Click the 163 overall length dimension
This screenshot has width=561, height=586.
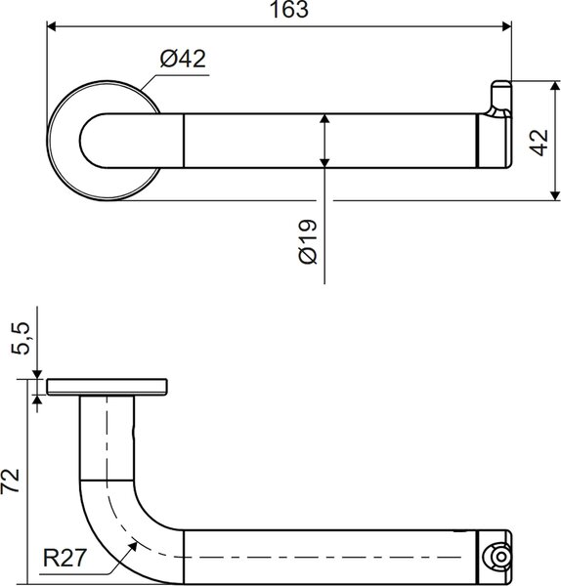coord(288,10)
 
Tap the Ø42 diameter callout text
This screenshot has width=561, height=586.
coord(183,59)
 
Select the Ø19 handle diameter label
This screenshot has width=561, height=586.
coord(308,241)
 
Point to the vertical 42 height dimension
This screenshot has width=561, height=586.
coord(539,142)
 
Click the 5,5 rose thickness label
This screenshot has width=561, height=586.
coord(20,338)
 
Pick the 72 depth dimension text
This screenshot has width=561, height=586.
coord(10,481)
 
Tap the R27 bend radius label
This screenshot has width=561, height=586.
coord(65,558)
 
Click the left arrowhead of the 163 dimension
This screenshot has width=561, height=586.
coord(51,26)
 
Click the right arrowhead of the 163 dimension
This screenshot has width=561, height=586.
coord(507,26)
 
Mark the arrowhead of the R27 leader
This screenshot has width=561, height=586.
coord(132,546)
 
